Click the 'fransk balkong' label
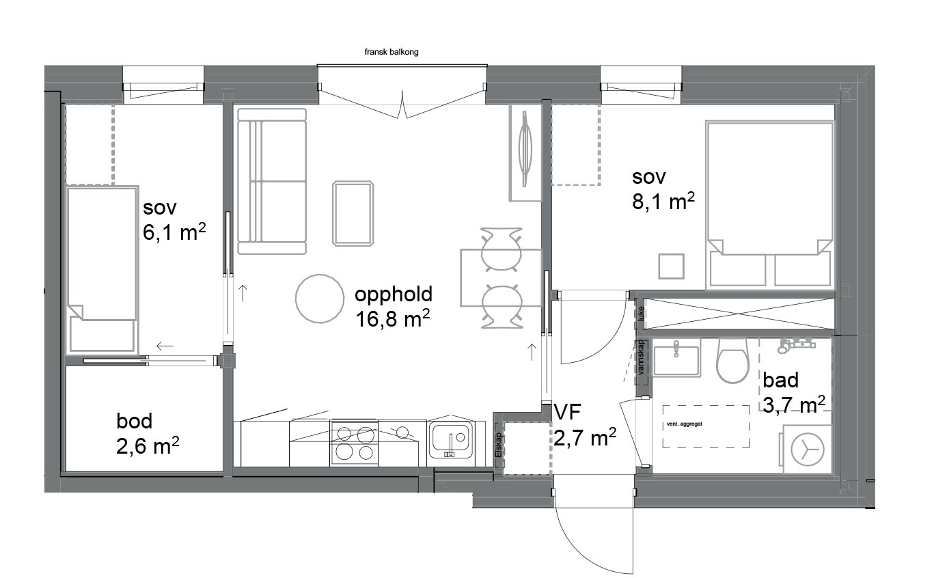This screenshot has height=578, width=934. (x=391, y=52)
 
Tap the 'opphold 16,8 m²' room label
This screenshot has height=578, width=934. (x=393, y=307)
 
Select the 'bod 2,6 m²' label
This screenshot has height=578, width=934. (x=148, y=434)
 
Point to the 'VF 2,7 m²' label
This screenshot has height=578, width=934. (x=585, y=426)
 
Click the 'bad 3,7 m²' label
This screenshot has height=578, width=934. (x=793, y=393)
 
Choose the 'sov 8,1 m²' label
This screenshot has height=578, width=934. (x=663, y=190)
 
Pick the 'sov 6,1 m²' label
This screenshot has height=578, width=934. (x=174, y=220)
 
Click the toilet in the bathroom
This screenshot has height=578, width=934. (x=732, y=360)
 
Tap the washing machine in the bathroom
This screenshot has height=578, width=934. (x=807, y=449)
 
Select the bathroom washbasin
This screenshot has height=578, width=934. (x=676, y=358)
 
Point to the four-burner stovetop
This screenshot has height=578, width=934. (x=354, y=443)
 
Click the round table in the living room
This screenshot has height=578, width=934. (x=320, y=299)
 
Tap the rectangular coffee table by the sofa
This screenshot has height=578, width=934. (x=353, y=213)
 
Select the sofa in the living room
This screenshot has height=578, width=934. (x=272, y=182)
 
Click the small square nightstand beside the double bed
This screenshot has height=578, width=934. (x=672, y=266)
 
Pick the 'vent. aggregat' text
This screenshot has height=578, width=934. (x=685, y=424)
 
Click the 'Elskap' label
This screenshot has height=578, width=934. (x=499, y=445)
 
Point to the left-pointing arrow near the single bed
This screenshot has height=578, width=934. (x=165, y=346)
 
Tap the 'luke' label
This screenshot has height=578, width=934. (x=641, y=313)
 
